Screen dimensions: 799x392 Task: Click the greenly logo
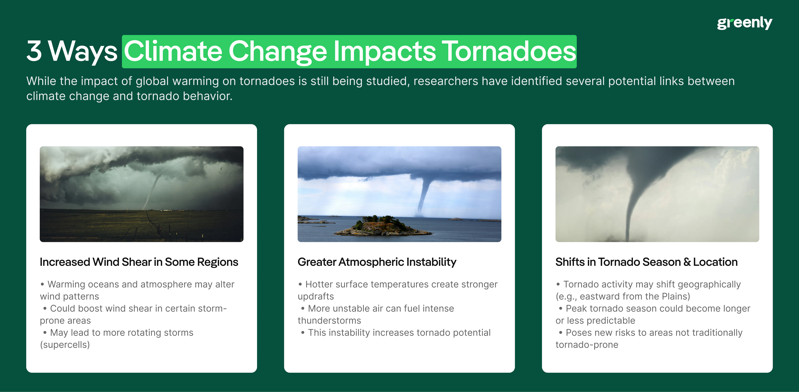click(x=744, y=23)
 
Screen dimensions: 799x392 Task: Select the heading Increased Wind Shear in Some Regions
click(x=139, y=262)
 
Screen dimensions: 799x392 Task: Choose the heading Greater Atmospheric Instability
click(x=377, y=262)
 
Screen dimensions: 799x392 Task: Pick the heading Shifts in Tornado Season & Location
click(x=646, y=262)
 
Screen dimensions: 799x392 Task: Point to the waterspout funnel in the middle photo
click(x=423, y=194)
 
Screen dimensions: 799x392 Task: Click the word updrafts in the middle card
click(x=316, y=296)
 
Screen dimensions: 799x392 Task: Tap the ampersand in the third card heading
click(x=687, y=262)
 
